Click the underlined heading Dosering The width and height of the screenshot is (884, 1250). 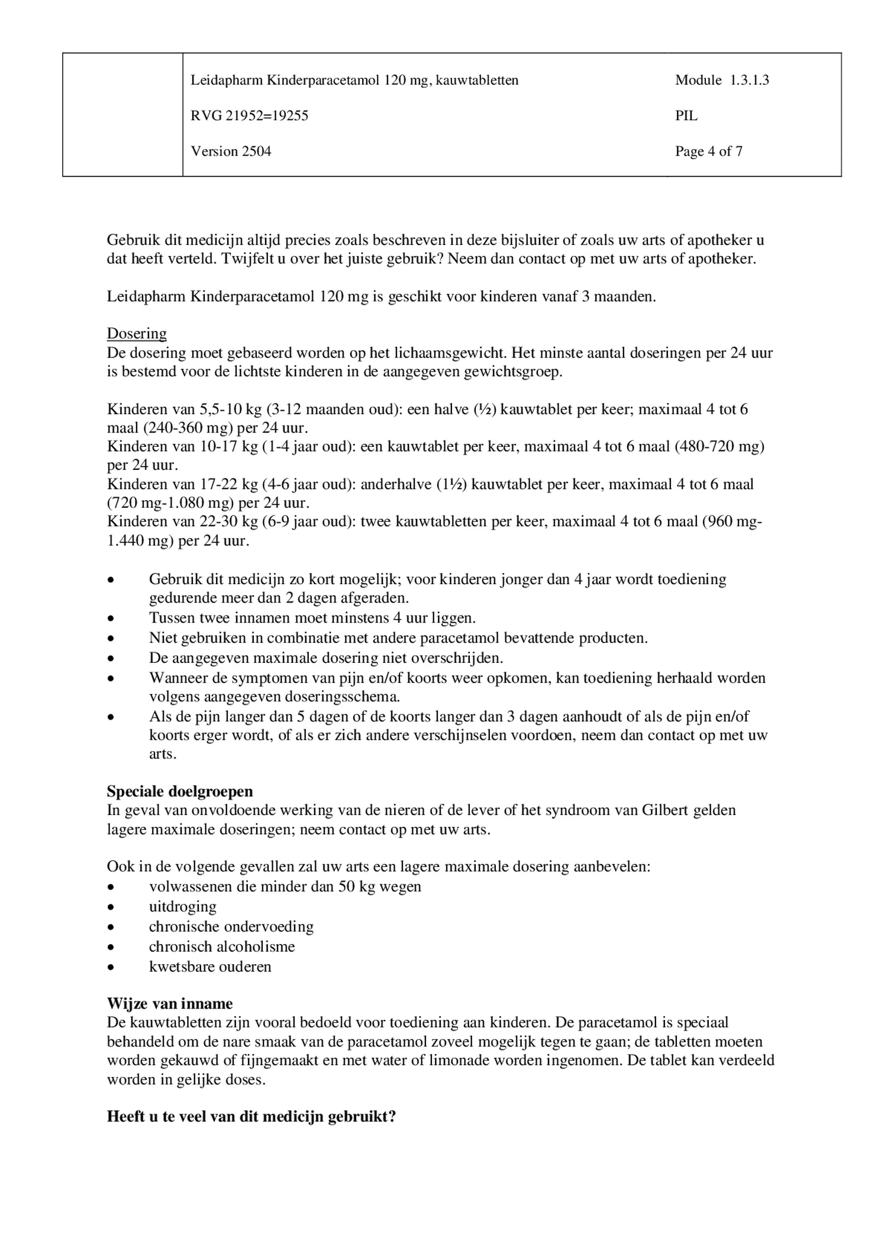(x=137, y=334)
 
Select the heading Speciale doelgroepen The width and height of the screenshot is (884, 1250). (x=179, y=791)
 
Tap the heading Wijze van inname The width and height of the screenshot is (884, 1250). (x=169, y=1004)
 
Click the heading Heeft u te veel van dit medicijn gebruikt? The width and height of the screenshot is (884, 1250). (x=251, y=1117)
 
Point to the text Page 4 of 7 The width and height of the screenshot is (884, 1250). (x=708, y=152)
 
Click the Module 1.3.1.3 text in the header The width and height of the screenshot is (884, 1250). (x=722, y=80)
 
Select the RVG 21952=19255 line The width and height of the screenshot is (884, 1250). (x=249, y=115)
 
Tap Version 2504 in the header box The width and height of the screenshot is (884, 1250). (x=231, y=152)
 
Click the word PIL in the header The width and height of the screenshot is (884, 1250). (x=686, y=115)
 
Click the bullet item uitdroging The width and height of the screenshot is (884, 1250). (x=182, y=907)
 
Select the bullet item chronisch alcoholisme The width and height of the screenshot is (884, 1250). (x=221, y=946)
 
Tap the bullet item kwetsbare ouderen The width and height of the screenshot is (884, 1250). (x=210, y=967)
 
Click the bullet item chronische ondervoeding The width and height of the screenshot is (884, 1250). (x=231, y=927)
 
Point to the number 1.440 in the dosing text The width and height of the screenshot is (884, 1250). (x=124, y=541)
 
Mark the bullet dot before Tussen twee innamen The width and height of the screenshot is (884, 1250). (x=111, y=619)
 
